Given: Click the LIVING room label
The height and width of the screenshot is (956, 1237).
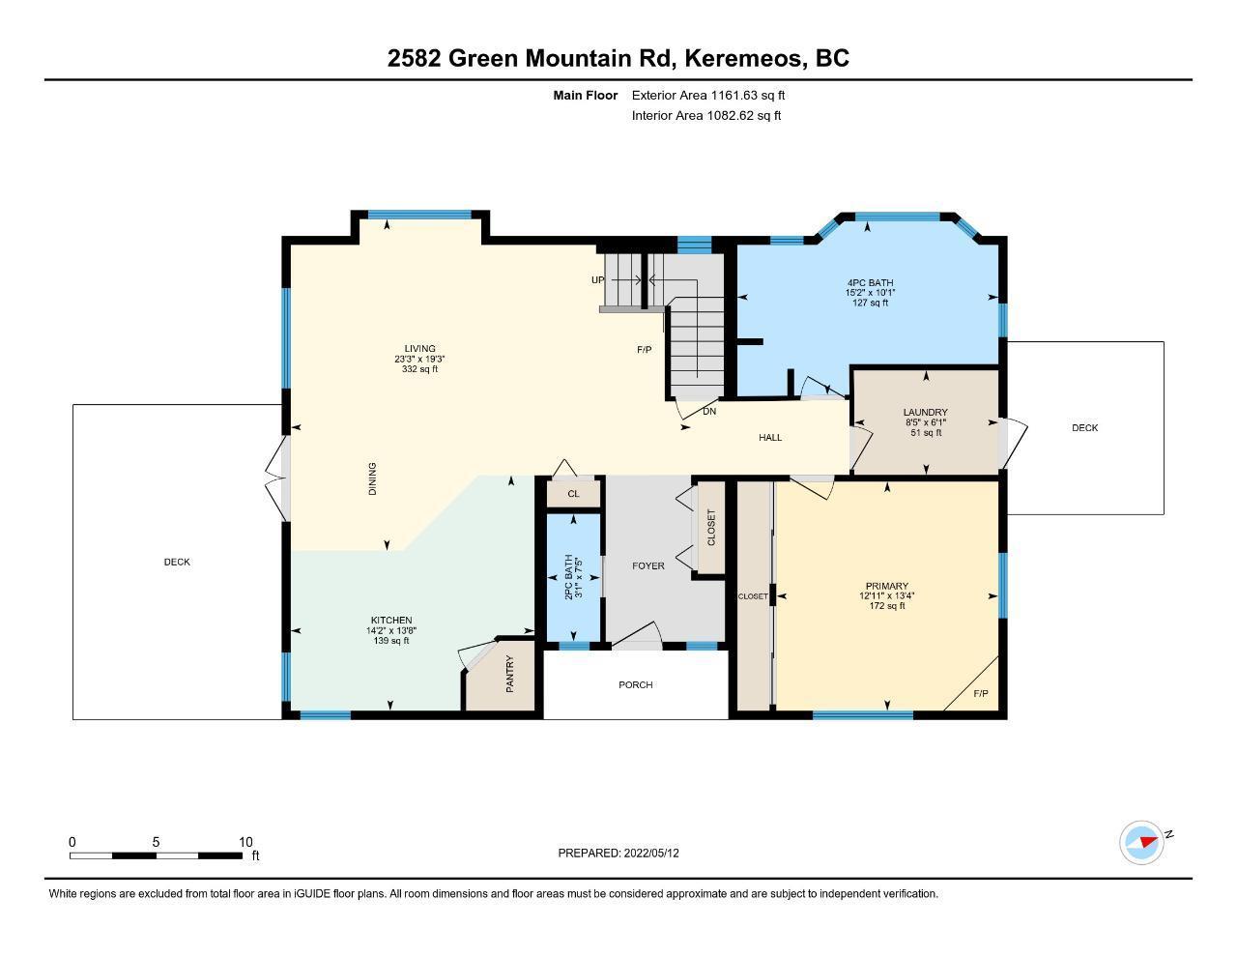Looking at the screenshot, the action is (x=420, y=348).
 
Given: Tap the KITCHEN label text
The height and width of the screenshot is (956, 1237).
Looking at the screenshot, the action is (x=391, y=620).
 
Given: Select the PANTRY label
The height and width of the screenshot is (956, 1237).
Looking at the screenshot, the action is (x=510, y=674).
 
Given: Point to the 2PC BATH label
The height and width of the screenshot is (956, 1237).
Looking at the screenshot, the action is (x=568, y=576).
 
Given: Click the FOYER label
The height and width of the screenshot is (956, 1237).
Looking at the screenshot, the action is (x=648, y=566).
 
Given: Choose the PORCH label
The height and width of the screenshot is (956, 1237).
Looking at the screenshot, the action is (x=636, y=685).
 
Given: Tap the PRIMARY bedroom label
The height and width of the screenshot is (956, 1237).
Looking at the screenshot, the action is (x=887, y=586).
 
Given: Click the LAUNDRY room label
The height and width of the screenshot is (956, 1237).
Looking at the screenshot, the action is (x=926, y=412).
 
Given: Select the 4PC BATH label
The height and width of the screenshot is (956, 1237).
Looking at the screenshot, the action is (x=871, y=282).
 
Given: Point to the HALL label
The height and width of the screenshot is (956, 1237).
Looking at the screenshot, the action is (x=770, y=437).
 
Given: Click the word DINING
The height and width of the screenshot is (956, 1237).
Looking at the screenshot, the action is (x=373, y=478).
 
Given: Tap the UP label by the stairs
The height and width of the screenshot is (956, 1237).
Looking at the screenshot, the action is (x=597, y=280).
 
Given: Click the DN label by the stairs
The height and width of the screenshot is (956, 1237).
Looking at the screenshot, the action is (x=709, y=411).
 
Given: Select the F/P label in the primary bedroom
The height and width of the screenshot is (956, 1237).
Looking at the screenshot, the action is (x=981, y=693).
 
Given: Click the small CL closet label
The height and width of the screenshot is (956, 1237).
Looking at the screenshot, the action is (x=573, y=494).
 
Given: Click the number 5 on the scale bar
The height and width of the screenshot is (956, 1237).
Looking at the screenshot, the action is (x=156, y=842).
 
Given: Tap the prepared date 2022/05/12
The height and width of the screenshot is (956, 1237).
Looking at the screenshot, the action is (x=651, y=853).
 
